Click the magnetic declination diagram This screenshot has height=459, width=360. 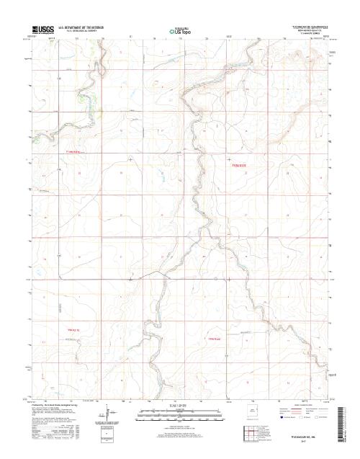tap(109, 416)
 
